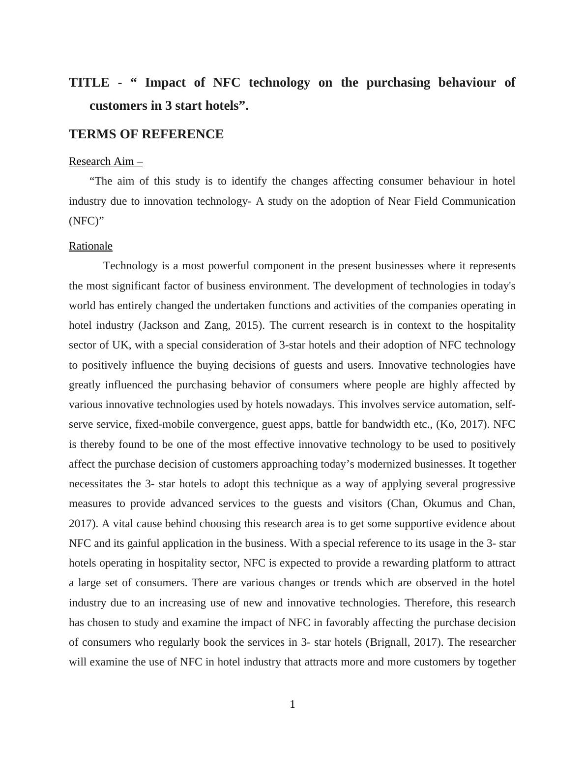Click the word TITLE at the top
89,83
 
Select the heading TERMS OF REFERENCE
146,134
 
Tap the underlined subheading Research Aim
105,161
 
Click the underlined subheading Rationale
90,246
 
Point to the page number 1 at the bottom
292,704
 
